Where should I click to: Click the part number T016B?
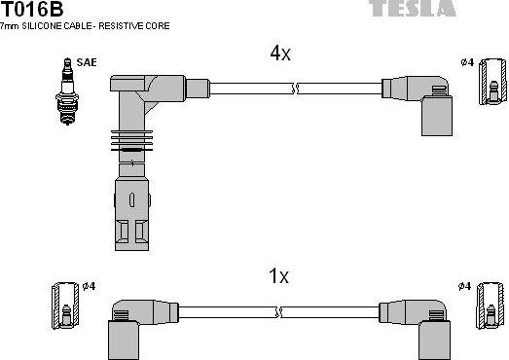31,11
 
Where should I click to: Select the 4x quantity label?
279,54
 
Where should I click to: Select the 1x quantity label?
278,275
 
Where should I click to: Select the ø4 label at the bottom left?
88,285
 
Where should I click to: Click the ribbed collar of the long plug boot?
130,146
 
